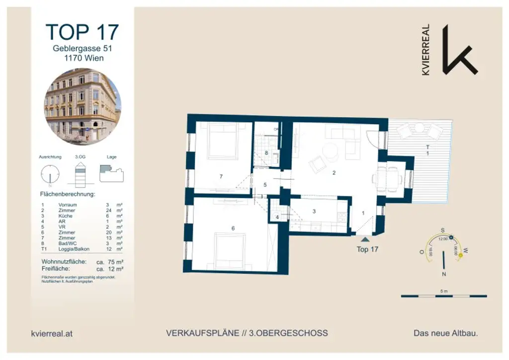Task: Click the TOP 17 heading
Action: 82,32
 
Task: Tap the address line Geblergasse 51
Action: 83,48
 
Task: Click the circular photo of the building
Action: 83,104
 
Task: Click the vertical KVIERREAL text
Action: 425,50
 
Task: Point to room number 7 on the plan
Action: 220,177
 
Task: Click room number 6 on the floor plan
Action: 233,228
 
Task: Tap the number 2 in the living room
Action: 334,173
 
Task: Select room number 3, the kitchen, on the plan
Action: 314,211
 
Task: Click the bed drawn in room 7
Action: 223,141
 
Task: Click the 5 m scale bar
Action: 443,296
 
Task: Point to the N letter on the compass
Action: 443,274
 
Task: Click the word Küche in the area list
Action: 66,216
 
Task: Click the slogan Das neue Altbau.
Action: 445,333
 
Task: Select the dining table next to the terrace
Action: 389,180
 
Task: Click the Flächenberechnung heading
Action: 67,194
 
